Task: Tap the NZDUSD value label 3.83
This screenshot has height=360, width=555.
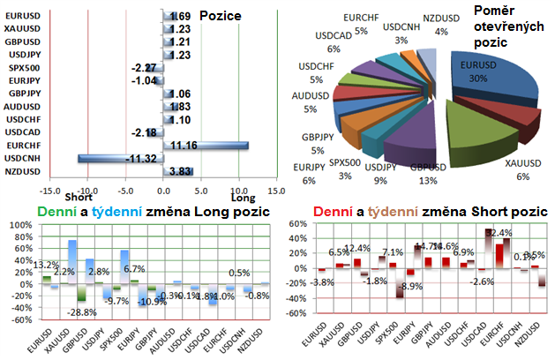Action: pos(180,171)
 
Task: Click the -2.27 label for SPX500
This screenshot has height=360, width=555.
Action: pos(143,67)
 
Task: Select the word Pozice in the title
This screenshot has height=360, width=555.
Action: pos(221,16)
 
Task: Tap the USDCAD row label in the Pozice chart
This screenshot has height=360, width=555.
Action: pos(21,131)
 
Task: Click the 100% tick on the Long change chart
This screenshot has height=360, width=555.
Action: pos(18,226)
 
